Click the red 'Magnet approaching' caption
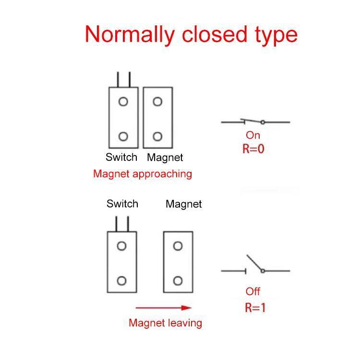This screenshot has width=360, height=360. [x=143, y=174]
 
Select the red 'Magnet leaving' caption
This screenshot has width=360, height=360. [x=165, y=323]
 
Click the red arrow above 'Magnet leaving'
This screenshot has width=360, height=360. [x=164, y=308]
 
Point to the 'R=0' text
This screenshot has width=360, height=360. [x=253, y=149]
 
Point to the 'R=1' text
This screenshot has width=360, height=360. [x=255, y=308]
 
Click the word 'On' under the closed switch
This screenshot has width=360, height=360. [x=252, y=135]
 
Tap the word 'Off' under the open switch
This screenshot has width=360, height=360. [x=253, y=291]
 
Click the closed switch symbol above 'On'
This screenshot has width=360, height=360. [x=255, y=121]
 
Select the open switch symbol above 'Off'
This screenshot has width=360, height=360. [x=255, y=266]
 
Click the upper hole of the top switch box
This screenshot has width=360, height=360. [x=123, y=102]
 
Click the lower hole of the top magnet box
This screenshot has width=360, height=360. [x=157, y=136]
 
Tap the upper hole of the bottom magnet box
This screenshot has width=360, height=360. [x=178, y=246]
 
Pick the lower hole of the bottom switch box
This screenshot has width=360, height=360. [x=121, y=281]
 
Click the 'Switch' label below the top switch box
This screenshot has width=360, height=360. [x=121, y=157]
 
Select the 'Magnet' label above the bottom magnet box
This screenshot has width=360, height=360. [x=183, y=204]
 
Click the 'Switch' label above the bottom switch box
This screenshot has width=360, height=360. [x=122, y=204]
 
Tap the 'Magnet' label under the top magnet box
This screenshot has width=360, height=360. [x=165, y=157]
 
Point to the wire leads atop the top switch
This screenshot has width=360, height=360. [x=123, y=80]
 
